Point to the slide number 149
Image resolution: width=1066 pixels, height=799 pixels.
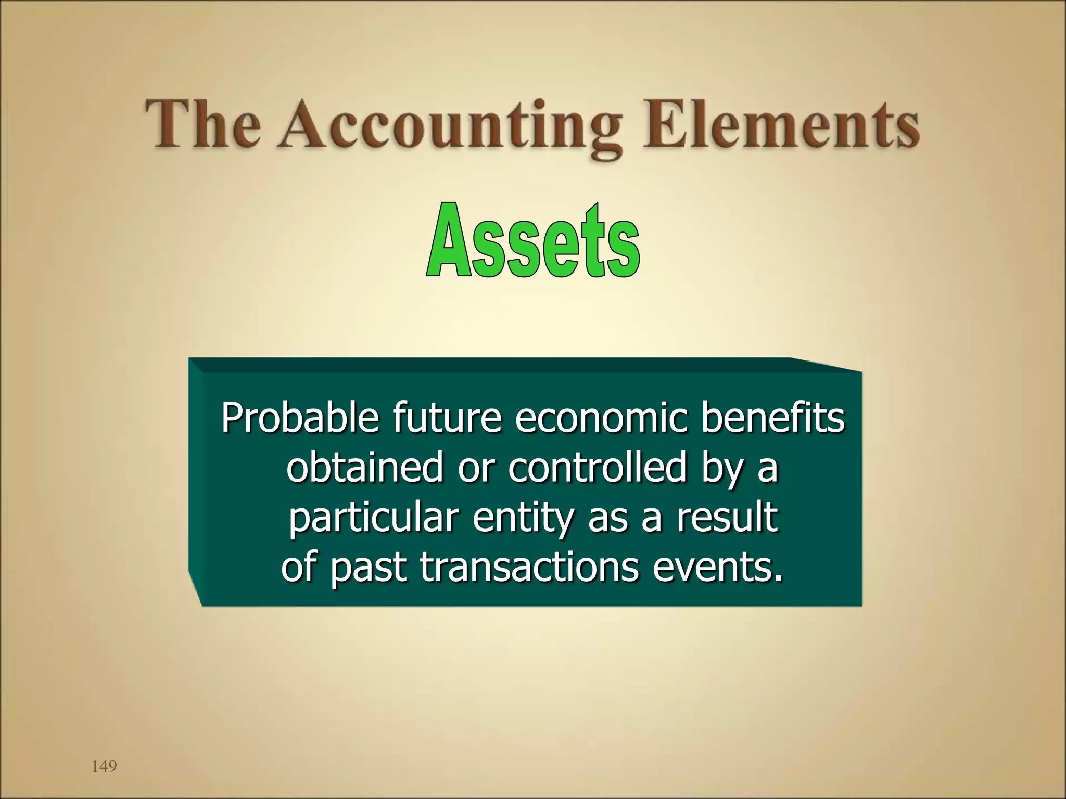104,766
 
